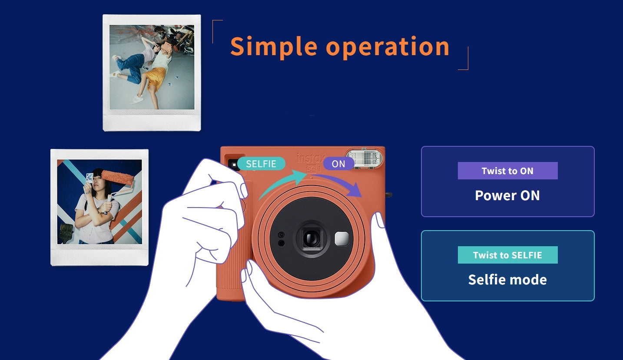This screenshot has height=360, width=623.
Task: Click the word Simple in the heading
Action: [x=274, y=47]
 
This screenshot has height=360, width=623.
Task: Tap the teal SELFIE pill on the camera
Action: [x=261, y=164]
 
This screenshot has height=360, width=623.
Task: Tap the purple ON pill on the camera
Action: [x=338, y=164]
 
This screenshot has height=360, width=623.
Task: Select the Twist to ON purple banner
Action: [x=507, y=171]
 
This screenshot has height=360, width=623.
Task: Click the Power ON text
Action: [x=507, y=195]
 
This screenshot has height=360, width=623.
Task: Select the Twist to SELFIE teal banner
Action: [x=507, y=255]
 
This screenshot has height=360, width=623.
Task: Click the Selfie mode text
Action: [x=507, y=280]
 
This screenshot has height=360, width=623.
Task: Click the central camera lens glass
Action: [x=311, y=238]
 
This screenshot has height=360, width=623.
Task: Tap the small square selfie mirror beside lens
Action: [x=341, y=238]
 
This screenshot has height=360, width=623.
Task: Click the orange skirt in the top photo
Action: [x=153, y=79]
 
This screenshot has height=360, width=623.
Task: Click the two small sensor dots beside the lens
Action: [x=281, y=239]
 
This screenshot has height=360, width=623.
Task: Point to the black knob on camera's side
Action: [x=389, y=195]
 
